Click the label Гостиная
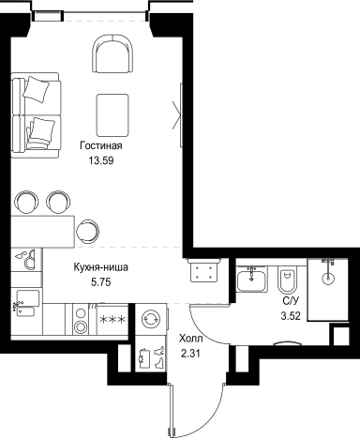click(101, 146)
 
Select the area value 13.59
click(101, 160)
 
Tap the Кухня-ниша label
click(101, 266)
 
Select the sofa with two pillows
click(36, 111)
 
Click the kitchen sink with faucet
click(26, 299)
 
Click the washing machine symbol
click(150, 321)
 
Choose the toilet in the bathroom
click(286, 280)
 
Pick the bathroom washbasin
click(251, 280)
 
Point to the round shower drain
click(328, 278)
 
